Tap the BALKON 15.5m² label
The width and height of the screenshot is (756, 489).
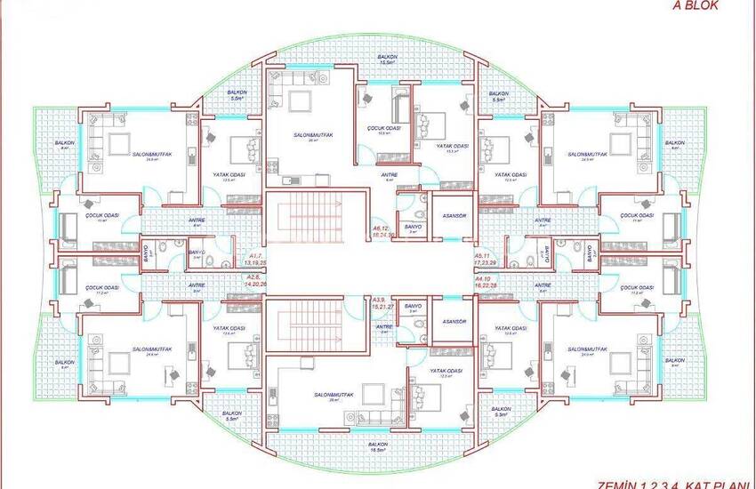point(386,59)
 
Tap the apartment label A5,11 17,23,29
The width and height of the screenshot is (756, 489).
point(486,260)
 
